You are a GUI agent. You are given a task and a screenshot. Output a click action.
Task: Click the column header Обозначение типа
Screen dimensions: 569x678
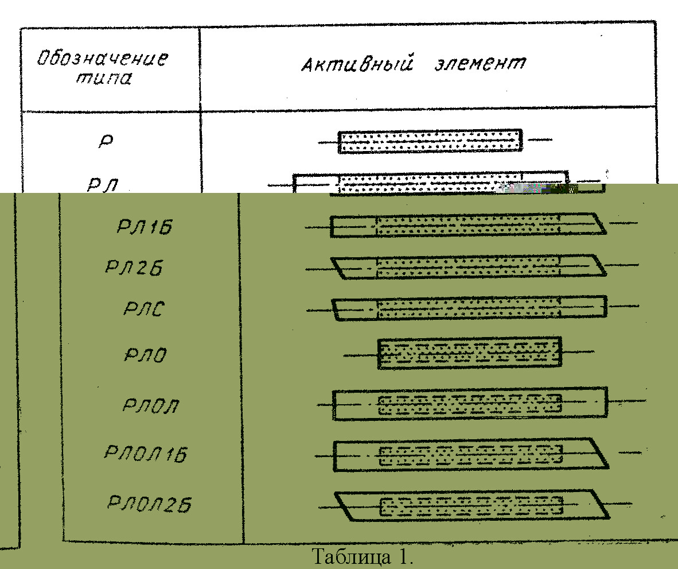(x=103, y=68)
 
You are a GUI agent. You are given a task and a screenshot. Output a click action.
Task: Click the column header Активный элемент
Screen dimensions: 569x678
(x=413, y=63)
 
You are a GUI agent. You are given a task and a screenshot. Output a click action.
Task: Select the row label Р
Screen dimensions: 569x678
(x=106, y=141)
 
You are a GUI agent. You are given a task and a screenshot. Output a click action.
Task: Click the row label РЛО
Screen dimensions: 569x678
(x=145, y=355)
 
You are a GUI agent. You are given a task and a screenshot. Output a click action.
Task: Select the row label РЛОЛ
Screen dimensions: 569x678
(x=150, y=405)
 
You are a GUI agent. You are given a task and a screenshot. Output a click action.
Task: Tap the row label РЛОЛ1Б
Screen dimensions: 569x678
(x=146, y=453)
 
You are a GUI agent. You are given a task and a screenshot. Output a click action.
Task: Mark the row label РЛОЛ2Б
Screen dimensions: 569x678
(x=149, y=505)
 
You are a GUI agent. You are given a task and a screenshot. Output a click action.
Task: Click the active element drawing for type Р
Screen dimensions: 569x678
(x=430, y=141)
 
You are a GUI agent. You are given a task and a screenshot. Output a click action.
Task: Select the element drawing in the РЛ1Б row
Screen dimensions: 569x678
(x=468, y=225)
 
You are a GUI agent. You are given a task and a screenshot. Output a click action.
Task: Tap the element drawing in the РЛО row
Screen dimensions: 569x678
(x=469, y=353)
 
